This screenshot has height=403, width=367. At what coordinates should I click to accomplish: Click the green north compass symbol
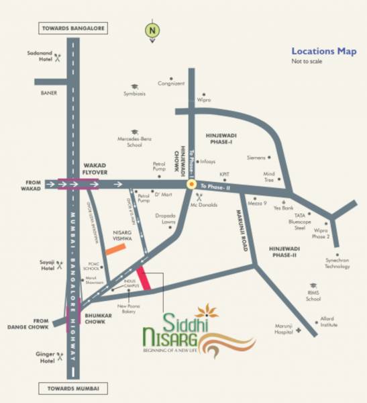click(x=153, y=30)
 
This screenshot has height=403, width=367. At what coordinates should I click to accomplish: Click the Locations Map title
click(x=323, y=50)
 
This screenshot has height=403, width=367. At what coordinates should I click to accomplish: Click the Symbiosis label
click(x=134, y=93)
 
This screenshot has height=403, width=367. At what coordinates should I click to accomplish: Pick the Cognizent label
click(x=170, y=84)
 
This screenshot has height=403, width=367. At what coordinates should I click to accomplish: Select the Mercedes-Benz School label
click(x=134, y=141)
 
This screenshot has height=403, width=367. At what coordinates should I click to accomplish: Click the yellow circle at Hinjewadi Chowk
click(x=192, y=183)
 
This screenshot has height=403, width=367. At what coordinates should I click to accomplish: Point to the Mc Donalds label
click(x=204, y=205)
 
